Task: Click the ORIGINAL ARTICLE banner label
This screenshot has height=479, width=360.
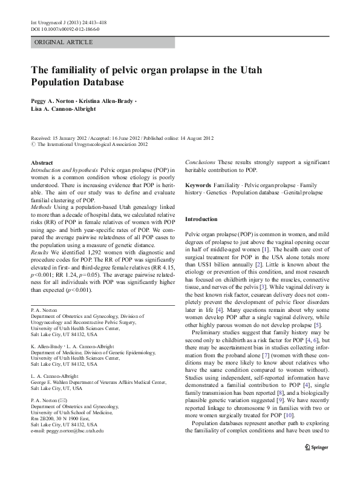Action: coord(64,42)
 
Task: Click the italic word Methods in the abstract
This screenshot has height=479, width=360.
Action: coord(42,206)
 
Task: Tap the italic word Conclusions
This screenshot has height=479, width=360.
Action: coord(200,164)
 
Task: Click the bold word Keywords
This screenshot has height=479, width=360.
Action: coord(198,185)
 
